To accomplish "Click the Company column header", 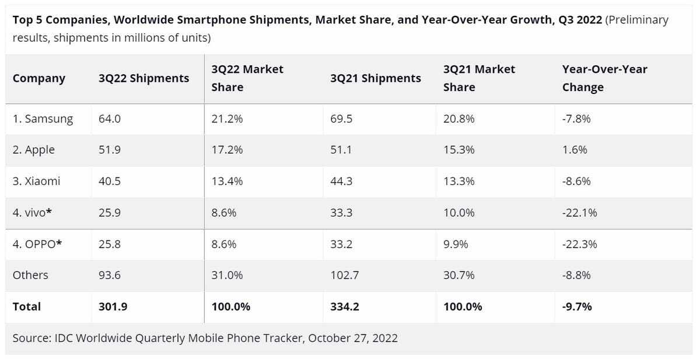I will tap(39, 78).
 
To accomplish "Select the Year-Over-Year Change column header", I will tap(604, 78).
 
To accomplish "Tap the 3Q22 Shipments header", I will tap(144, 78).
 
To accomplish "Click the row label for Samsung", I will tap(43, 119).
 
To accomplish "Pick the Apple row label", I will tap(34, 150).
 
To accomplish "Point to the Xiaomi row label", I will tap(37, 181).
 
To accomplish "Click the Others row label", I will tap(30, 275).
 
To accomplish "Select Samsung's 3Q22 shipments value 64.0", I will tap(110, 119).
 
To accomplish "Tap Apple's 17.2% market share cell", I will tap(227, 150).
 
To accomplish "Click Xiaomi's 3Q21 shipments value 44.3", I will tap(342, 181).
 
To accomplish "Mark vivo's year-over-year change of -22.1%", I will tap(579, 213).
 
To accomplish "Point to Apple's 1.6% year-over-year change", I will tap(575, 150).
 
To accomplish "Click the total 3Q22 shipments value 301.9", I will tap(113, 306).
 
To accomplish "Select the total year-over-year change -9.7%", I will tap(577, 306).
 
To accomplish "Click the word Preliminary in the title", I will tap(637, 20).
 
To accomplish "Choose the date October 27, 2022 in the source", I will tap(353, 338).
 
